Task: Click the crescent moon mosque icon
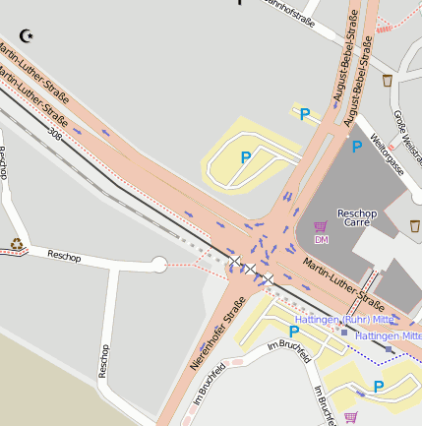coord(27,36)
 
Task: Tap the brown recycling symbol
coord(16,244)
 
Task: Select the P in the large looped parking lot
coord(245,156)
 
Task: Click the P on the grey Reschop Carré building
coord(356,147)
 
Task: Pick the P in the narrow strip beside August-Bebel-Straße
coord(305,114)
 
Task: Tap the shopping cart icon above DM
coord(321,226)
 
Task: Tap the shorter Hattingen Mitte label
coord(388,335)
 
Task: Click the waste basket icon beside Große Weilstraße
coord(388,79)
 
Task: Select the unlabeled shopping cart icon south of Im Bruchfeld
coord(351,417)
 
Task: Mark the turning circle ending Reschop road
coord(158,264)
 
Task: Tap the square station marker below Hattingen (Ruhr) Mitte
coord(343,333)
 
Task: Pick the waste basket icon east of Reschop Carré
coord(414,226)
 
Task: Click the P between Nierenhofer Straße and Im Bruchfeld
coord(293,332)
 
